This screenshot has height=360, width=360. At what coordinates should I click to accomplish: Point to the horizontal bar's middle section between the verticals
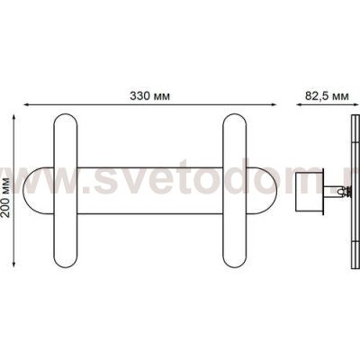coord(149,191)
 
